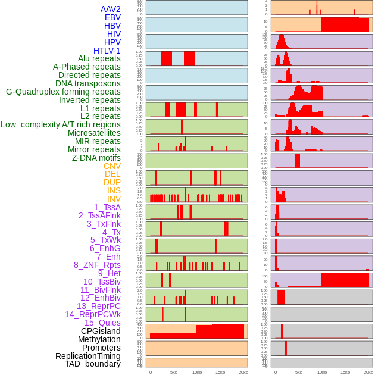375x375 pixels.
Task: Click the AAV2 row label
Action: click(110, 9)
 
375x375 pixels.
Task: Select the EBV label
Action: click(112, 17)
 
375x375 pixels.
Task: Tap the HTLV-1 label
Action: click(107, 51)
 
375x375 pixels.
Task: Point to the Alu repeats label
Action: click(99, 58)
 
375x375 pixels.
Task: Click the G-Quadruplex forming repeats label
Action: click(63, 92)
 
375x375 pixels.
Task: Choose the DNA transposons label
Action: click(88, 83)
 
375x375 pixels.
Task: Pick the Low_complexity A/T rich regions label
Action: click(61, 124)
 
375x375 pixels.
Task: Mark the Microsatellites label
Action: click(94, 133)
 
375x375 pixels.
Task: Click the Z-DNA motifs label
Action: click(96, 158)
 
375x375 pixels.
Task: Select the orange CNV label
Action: click(112, 166)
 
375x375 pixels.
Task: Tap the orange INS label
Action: click(114, 190)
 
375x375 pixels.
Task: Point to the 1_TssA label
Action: click(107, 207)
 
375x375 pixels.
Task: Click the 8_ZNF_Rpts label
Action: click(97, 265)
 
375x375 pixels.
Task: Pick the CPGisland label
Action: click(101, 331)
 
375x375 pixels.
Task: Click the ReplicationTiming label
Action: click(87, 356)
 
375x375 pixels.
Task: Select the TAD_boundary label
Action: click(92, 364)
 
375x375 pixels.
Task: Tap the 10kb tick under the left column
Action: click(196, 372)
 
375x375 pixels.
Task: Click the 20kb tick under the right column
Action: click(368, 372)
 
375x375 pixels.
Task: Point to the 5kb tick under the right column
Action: click(298, 372)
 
